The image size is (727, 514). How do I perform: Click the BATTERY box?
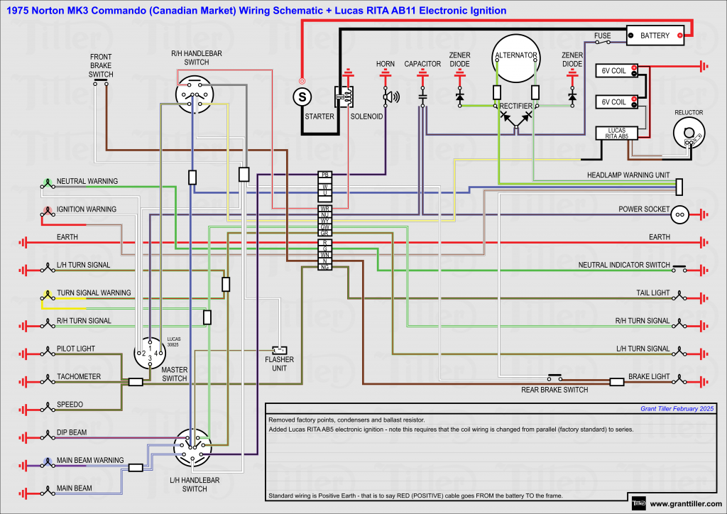655,35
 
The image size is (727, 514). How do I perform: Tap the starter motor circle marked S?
302,95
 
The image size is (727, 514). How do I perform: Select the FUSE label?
603,35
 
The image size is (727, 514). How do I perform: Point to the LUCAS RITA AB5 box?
613,133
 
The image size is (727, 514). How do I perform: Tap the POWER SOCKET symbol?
679,212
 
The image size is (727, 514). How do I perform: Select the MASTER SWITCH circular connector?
150,352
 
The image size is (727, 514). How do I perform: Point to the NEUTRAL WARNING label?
87,182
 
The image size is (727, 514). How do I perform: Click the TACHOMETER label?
79,376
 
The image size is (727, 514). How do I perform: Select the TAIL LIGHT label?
652,292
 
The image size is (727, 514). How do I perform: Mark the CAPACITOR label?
422,64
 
